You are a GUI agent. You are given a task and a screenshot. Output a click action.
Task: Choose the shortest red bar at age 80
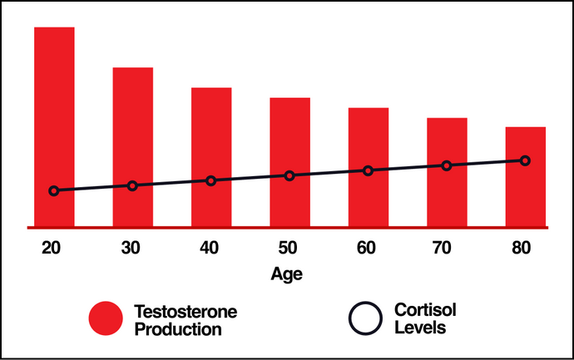point(526,195)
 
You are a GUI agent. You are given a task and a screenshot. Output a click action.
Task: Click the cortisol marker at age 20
point(54,190)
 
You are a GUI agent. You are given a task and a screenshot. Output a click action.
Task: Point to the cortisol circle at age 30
point(132,185)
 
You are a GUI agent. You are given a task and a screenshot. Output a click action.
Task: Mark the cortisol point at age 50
point(289,175)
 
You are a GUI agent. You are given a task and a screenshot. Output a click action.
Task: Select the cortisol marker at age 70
point(447,165)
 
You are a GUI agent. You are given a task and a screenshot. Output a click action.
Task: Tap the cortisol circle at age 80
point(525,160)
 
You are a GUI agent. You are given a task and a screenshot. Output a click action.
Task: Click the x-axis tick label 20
point(52,247)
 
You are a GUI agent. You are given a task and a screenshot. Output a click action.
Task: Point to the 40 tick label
point(210,247)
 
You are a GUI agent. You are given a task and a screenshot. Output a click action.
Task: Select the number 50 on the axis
point(288,247)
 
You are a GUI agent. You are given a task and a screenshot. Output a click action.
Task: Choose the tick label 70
point(446,247)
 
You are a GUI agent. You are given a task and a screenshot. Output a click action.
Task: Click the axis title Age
point(287,274)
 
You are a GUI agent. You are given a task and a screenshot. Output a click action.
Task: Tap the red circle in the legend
point(107,319)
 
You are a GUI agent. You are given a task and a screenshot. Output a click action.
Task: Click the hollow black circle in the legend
point(364,319)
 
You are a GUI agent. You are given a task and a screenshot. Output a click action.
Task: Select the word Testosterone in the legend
point(186,311)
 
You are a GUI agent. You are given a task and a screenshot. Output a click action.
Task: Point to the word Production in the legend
point(177,328)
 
